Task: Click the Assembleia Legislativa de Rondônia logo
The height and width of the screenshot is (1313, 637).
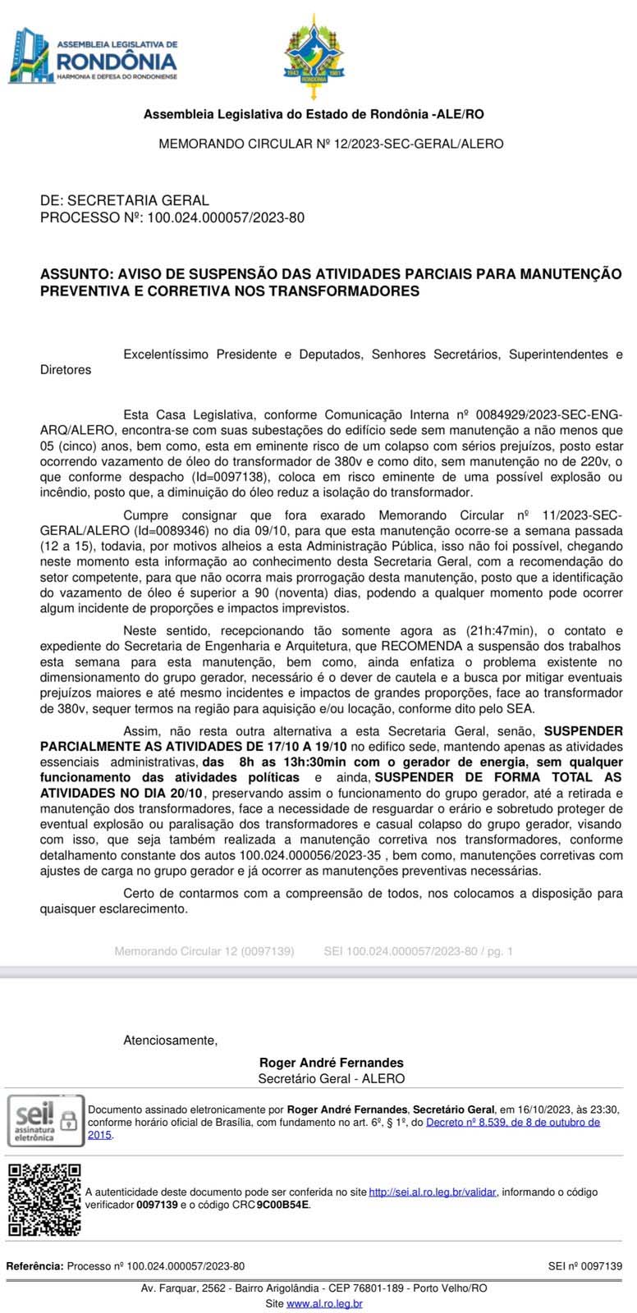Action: pyautogui.click(x=92, y=54)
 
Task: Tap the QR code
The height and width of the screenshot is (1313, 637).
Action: pyautogui.click(x=44, y=1199)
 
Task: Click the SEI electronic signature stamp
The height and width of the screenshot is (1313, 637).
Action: pyautogui.click(x=46, y=1120)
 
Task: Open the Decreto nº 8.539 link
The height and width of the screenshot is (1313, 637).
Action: pyautogui.click(x=512, y=1123)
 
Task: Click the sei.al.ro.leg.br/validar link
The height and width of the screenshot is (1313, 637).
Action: pyautogui.click(x=432, y=1192)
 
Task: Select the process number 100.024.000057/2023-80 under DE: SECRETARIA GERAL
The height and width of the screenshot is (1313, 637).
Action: pyautogui.click(x=226, y=217)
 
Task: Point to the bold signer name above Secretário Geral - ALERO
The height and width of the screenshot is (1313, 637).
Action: pyautogui.click(x=331, y=1063)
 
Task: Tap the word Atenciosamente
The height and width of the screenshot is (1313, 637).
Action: pyautogui.click(x=170, y=1041)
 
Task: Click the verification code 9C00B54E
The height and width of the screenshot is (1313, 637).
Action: pyautogui.click(x=283, y=1205)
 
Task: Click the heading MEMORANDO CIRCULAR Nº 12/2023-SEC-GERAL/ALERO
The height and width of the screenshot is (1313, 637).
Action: pyautogui.click(x=331, y=144)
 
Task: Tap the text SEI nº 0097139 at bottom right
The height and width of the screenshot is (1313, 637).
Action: pyautogui.click(x=584, y=1266)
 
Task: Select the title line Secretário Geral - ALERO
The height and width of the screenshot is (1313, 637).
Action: pyautogui.click(x=331, y=1079)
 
